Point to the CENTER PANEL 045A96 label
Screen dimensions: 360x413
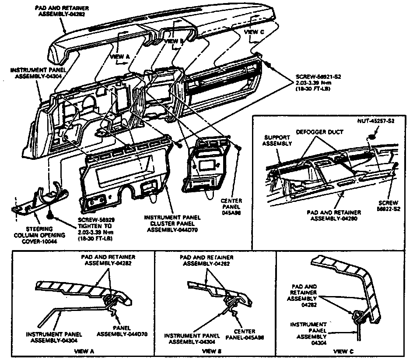[234, 207]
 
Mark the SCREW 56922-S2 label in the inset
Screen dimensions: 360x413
[388, 206]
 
